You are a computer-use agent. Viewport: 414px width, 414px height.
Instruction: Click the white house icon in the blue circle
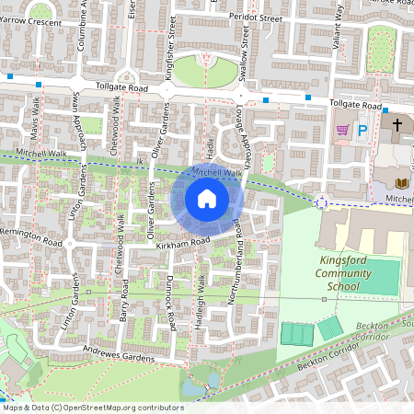pyautogui.click(x=207, y=199)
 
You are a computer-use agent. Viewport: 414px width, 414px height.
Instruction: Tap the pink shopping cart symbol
pyautogui.click(x=342, y=131)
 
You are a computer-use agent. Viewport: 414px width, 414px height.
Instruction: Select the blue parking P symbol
pyautogui.click(x=362, y=131)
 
